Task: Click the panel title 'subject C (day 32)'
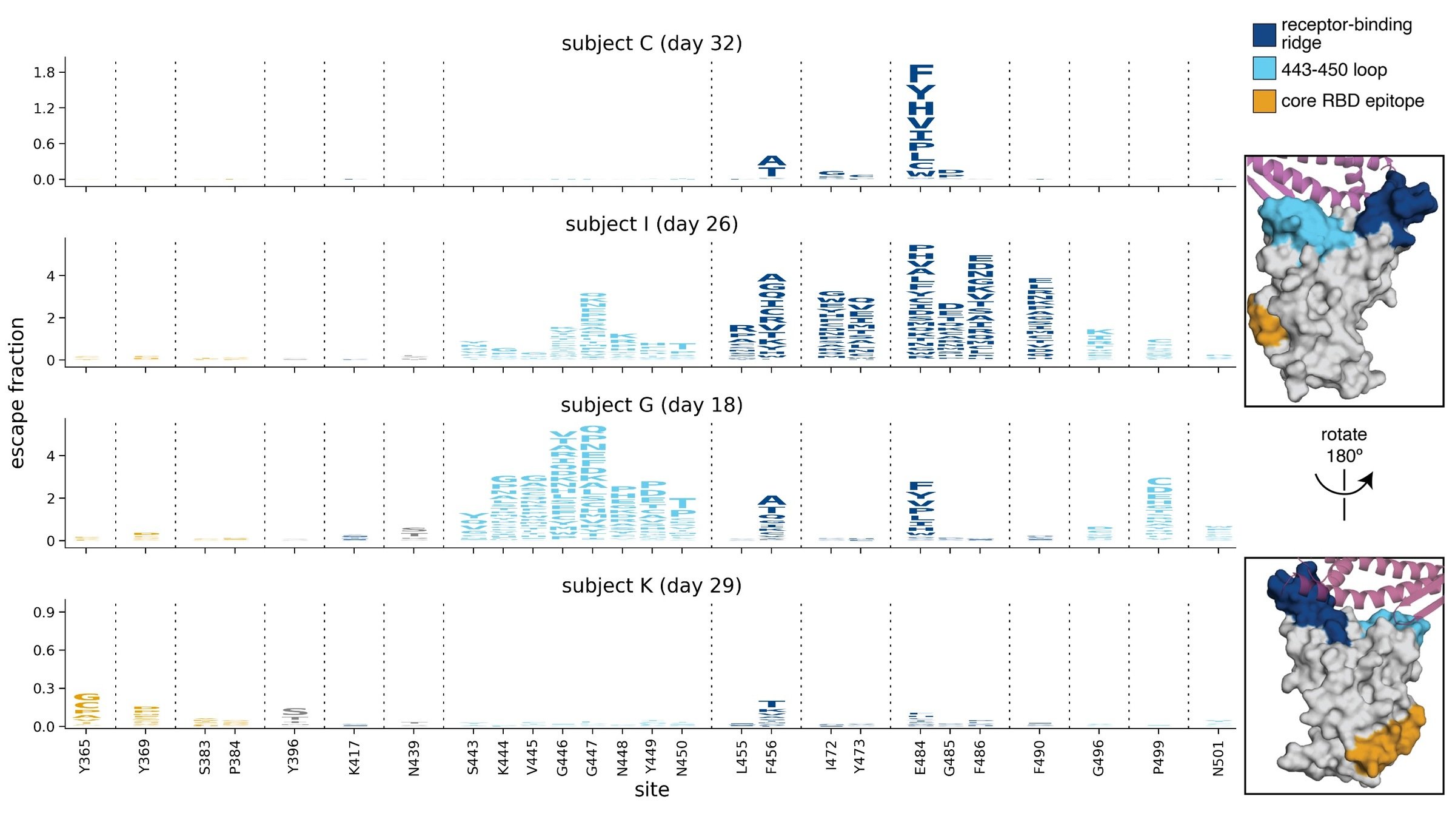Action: click(652, 44)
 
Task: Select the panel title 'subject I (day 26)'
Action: click(652, 224)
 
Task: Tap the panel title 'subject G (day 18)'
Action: click(652, 405)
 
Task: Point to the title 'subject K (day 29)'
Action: click(652, 586)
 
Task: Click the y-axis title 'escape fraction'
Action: click(17, 393)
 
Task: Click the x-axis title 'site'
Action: click(652, 790)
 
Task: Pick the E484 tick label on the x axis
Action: click(920, 758)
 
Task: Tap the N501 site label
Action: click(1219, 758)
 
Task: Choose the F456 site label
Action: click(771, 758)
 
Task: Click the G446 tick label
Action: click(562, 758)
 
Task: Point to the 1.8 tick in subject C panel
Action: click(44, 73)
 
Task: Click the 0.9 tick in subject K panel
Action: click(44, 613)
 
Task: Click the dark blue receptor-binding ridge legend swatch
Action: click(1264, 35)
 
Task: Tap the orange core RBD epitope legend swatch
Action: click(1264, 101)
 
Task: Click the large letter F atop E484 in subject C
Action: click(921, 74)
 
